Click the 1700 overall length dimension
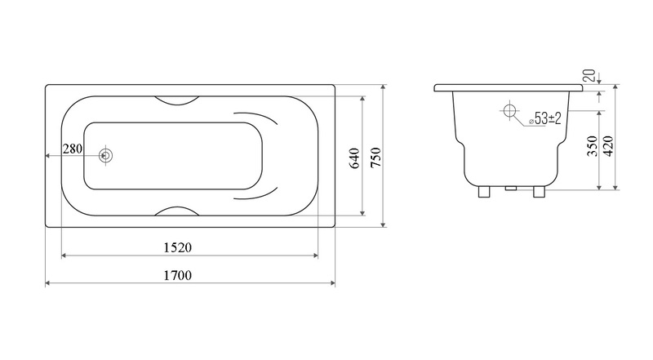(177, 275)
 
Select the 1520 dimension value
(177, 248)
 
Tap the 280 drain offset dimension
(73, 149)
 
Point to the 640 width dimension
(354, 158)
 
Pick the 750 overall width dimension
(375, 158)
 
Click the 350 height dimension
(593, 146)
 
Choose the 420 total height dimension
(608, 146)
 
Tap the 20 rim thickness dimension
(589, 75)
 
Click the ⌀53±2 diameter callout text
(545, 118)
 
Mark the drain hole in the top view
(106, 156)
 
